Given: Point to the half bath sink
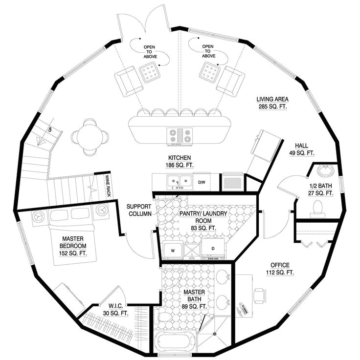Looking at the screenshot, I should [324, 171].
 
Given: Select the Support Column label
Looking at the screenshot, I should [140, 210].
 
